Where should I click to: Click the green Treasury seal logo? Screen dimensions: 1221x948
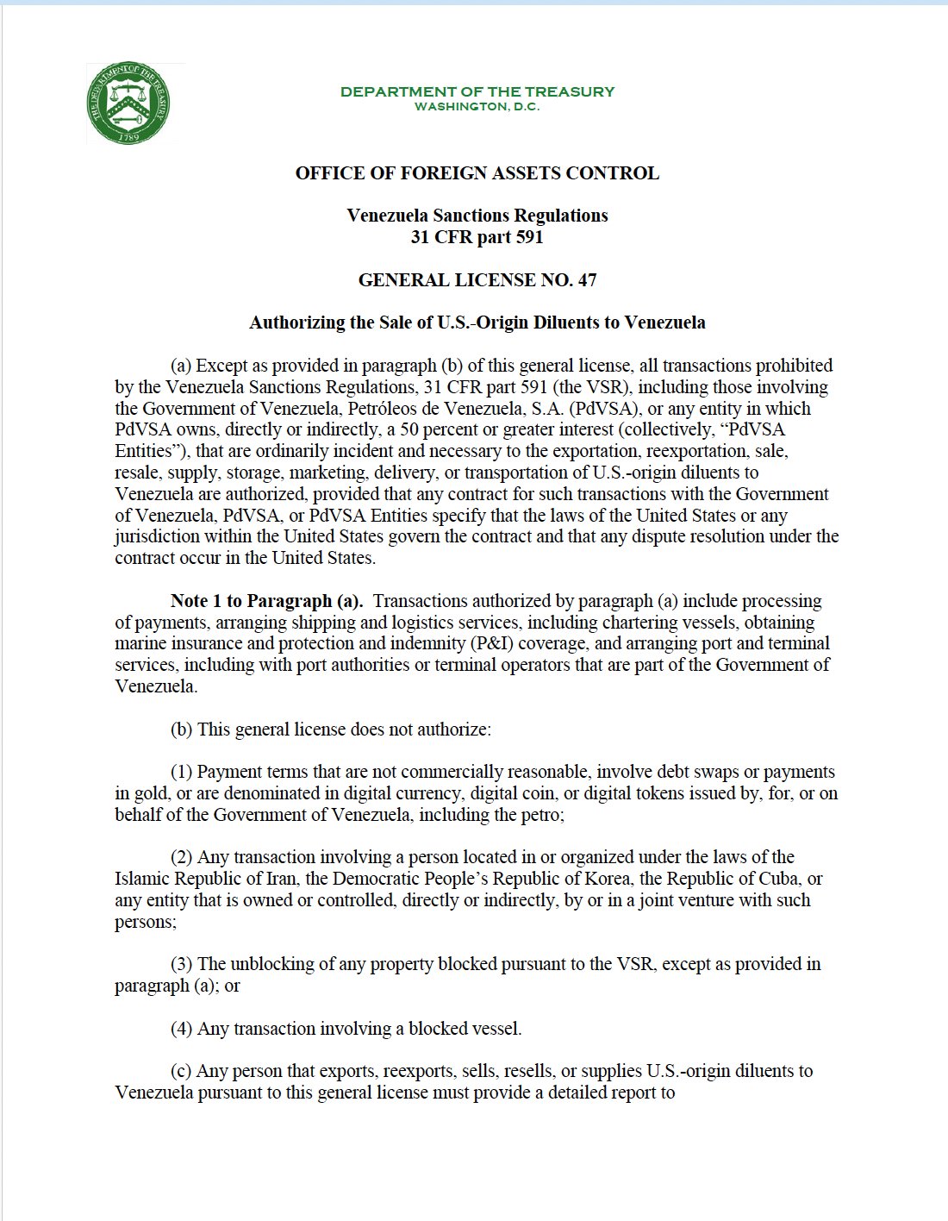129,103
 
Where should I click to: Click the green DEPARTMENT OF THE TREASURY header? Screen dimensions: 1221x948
477,91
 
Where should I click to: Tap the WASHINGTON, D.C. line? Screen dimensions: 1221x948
477,107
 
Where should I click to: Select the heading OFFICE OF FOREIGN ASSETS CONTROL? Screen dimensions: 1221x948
477,173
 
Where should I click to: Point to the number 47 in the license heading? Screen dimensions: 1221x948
587,280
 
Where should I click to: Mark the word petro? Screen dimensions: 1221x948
541,815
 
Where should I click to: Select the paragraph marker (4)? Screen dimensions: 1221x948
181,1029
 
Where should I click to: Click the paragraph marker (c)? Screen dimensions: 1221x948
181,1071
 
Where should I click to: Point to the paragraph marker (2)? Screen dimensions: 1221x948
181,857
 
